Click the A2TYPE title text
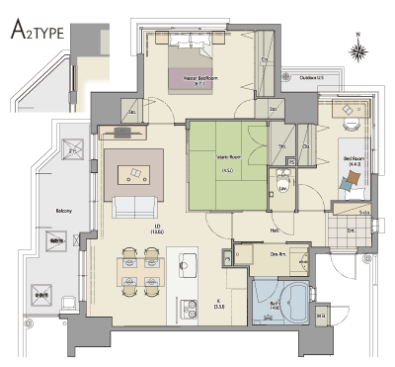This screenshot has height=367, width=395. [x=38, y=31]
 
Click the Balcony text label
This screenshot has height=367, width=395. [x=63, y=210]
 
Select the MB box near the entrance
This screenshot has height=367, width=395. [x=322, y=317]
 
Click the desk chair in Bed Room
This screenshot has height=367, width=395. [x=352, y=126]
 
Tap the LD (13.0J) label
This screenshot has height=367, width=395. [x=128, y=229]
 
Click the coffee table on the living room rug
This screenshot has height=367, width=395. [x=131, y=174]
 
